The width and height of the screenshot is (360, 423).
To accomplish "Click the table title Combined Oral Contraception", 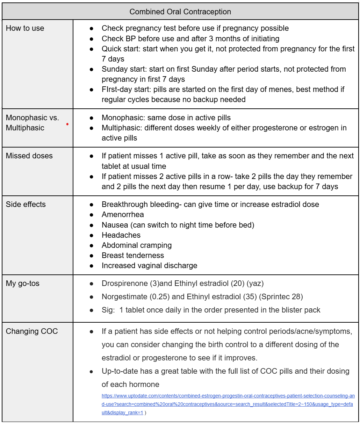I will tap(180, 12).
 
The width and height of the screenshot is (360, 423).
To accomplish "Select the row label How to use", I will tap(25, 28).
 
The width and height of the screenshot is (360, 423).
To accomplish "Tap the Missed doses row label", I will tap(29, 156).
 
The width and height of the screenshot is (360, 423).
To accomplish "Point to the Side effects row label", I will tap(26, 205).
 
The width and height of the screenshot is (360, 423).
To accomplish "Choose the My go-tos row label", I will tap(23, 284).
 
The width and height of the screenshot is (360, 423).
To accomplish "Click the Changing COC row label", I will tap(32, 331).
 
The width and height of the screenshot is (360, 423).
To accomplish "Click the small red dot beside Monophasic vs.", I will tap(67, 124).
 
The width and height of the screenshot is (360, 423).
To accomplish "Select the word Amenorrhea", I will tap(123, 215).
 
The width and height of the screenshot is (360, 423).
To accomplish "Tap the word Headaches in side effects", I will tap(121, 235).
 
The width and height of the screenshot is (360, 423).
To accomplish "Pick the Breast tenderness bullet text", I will tap(133, 256).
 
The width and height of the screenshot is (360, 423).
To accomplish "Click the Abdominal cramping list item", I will tap(137, 245).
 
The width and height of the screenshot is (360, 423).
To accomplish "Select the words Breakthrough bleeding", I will tap(139, 205).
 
